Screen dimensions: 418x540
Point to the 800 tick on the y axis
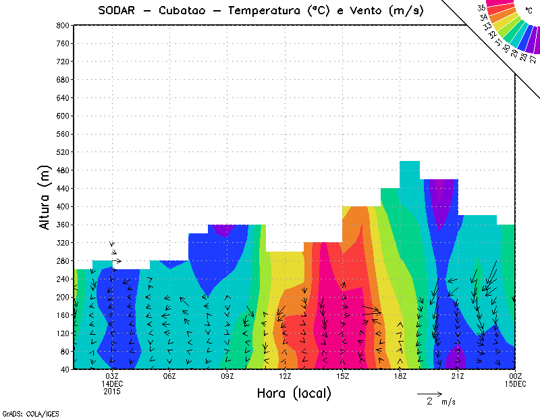(x=61, y=25)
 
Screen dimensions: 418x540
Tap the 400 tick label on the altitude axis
(x=61, y=206)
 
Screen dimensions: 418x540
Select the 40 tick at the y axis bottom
(x=64, y=369)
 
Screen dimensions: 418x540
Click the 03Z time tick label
(x=112, y=376)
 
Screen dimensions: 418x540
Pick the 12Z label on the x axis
(x=285, y=376)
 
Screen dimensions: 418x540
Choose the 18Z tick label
(x=400, y=376)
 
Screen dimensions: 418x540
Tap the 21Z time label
(x=458, y=376)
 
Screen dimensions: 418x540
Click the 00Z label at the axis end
(x=516, y=376)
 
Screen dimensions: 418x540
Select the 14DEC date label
(x=112, y=384)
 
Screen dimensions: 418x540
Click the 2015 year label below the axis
(x=112, y=391)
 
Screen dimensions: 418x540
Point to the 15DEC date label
(x=516, y=384)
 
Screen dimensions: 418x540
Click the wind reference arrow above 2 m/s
(x=429, y=393)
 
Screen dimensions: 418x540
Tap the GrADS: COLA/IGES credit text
(x=22, y=412)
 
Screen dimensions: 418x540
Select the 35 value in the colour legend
(x=481, y=9)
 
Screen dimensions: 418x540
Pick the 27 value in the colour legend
(x=533, y=59)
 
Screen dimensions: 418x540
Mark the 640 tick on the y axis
(x=61, y=97)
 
